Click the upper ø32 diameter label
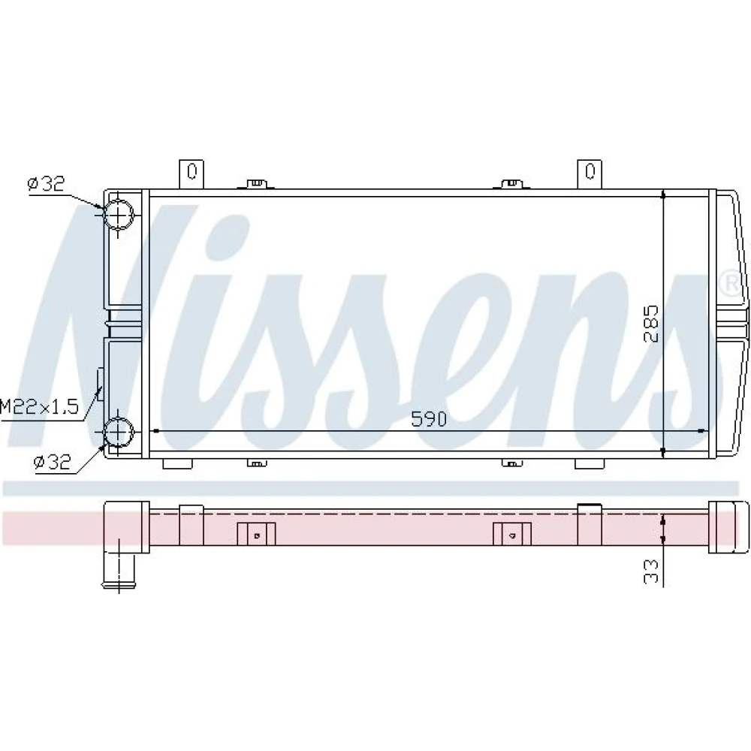46,183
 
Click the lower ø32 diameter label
53,462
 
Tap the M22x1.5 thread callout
39,407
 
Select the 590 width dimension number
429,419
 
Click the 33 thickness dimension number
651,572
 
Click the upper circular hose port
118,214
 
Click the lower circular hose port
118,432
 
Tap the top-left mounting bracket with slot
192,174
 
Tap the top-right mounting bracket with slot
590,174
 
